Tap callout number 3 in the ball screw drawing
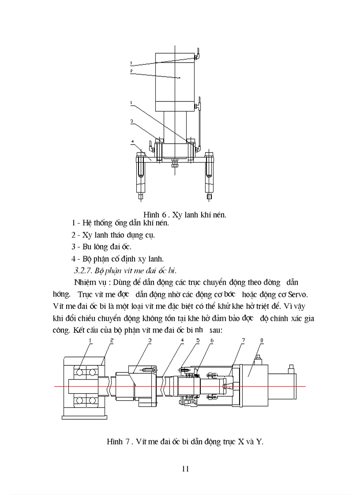(x=150, y=341)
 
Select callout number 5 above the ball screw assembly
(x=198, y=341)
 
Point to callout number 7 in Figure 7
(x=243, y=341)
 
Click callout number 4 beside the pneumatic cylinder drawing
(x=132, y=141)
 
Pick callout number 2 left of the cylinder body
(x=131, y=71)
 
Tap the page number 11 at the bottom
(x=185, y=468)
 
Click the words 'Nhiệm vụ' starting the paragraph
(x=89, y=282)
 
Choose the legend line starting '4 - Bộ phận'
(x=117, y=258)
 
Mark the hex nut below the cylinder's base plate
(x=175, y=165)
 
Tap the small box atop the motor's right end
(x=291, y=368)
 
